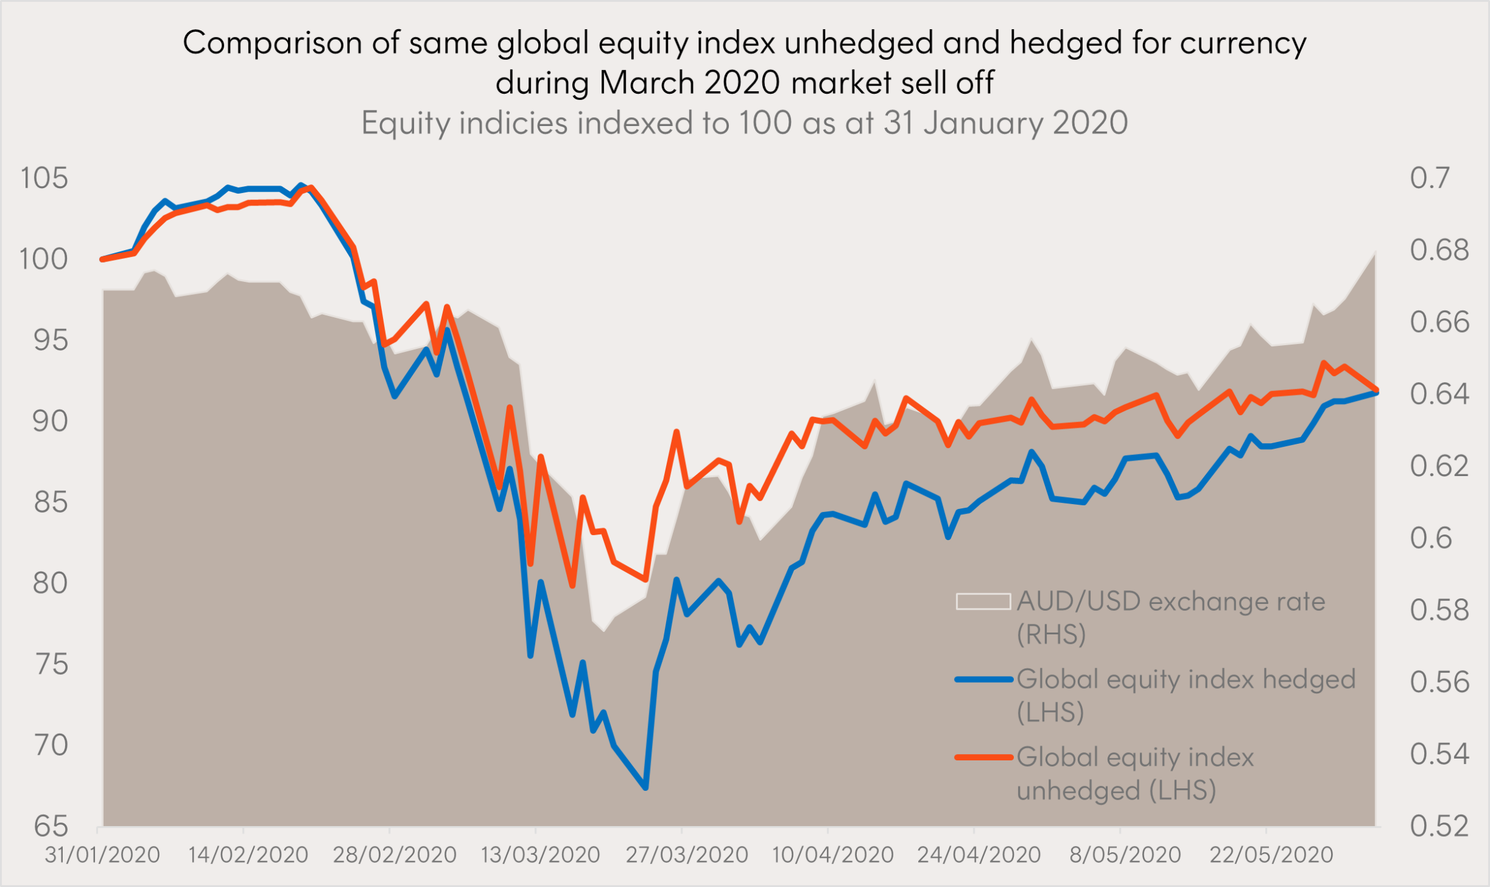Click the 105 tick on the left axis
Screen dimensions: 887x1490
(43, 179)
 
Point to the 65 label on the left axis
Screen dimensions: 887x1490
(50, 827)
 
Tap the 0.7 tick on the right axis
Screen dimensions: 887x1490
(1429, 179)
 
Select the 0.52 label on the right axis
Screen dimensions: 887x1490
(1439, 827)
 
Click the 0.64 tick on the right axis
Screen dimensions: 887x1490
(1439, 394)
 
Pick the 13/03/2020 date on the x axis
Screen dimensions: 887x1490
(540, 855)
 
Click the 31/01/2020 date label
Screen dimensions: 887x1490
(102, 855)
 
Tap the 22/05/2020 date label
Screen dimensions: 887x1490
(1271, 855)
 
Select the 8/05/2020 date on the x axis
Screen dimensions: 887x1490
(1125, 855)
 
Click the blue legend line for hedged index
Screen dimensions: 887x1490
(984, 680)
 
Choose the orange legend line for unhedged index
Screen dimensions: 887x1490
(984, 757)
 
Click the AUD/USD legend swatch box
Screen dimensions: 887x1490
(983, 601)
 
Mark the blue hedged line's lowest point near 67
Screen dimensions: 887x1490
(646, 788)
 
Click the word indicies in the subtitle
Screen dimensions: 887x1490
(513, 123)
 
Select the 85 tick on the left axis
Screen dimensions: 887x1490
(50, 502)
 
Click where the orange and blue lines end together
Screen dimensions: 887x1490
(1376, 391)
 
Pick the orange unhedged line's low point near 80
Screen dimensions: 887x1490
(572, 585)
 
